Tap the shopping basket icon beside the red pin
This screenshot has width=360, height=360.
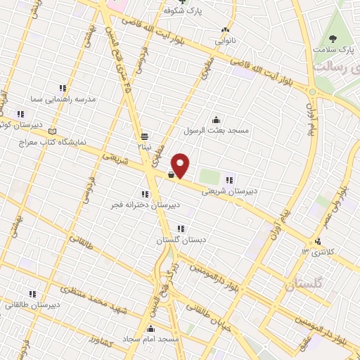click(x=171, y=176)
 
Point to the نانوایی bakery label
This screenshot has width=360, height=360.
click(x=225, y=40)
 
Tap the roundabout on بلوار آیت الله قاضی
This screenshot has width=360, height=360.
click(x=311, y=91)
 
